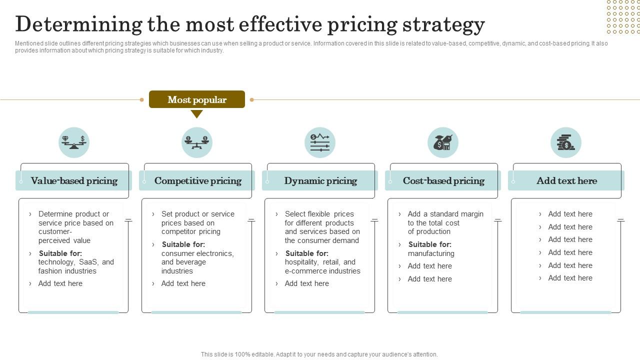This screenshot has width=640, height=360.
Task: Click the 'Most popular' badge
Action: click(x=197, y=99)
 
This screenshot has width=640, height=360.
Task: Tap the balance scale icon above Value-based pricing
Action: click(x=74, y=142)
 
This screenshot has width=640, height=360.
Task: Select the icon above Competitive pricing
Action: click(x=197, y=142)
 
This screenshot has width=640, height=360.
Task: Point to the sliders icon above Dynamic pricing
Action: click(x=320, y=142)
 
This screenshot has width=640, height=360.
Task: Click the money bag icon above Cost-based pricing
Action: click(x=443, y=142)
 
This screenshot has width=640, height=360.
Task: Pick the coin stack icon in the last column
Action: click(x=566, y=142)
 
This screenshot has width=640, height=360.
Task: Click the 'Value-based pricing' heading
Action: click(x=74, y=180)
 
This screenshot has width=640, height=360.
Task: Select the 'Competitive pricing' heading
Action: click(x=197, y=180)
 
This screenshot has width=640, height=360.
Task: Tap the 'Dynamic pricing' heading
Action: click(x=320, y=180)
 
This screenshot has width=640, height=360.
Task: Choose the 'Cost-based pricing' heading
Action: click(x=443, y=180)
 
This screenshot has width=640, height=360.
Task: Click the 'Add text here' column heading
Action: click(x=566, y=180)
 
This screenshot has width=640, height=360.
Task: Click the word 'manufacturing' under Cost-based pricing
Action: click(x=431, y=253)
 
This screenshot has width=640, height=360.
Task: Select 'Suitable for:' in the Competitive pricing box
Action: click(x=183, y=244)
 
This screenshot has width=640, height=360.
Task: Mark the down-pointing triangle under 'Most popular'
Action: click(x=197, y=114)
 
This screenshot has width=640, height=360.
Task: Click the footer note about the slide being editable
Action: click(x=319, y=354)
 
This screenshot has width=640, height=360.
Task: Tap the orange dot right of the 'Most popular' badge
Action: click(x=251, y=99)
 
